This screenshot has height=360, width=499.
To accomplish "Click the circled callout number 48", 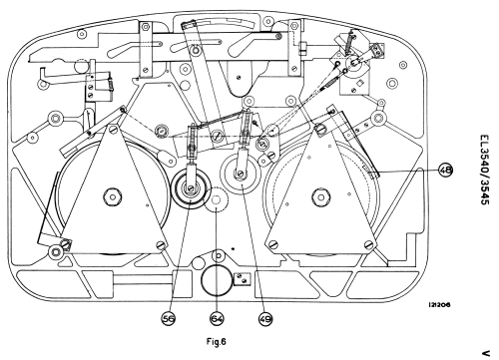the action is (446, 171).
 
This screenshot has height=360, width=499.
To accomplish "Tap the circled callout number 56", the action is (169, 319).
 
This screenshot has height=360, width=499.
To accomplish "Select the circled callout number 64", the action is (217, 319).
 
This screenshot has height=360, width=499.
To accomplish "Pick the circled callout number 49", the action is (265, 319).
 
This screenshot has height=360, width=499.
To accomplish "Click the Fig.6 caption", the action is (217, 341).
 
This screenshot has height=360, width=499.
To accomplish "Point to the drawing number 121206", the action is (439, 305).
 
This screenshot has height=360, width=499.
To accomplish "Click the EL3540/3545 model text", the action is (485, 170).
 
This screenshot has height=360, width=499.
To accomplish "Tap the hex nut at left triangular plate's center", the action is (112, 196).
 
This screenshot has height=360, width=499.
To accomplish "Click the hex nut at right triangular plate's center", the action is (320, 197).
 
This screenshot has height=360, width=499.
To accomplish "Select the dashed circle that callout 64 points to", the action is (217, 200).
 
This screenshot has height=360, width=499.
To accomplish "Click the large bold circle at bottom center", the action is (217, 280).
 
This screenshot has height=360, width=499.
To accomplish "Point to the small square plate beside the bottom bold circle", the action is (243, 279).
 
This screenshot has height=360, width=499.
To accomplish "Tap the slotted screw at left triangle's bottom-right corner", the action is (162, 245).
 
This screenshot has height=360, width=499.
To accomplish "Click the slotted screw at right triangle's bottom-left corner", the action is (273, 245).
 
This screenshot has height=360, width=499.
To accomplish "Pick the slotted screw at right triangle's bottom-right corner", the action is (369, 245).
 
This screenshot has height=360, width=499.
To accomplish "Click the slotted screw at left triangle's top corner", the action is (113, 129).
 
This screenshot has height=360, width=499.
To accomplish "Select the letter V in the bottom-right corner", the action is (486, 353).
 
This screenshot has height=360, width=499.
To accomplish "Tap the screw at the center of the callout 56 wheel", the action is (191, 188).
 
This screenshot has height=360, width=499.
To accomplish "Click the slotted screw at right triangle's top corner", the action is (319, 129).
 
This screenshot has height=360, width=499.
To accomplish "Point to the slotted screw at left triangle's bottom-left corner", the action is (66, 244).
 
